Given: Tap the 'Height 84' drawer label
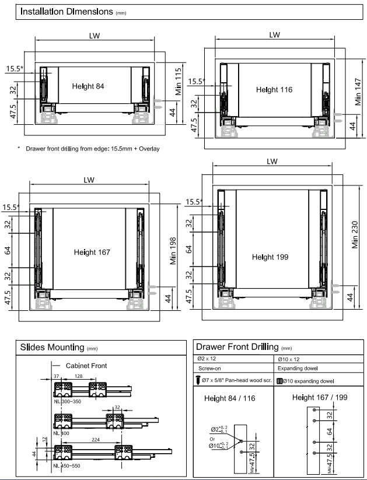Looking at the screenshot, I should pyautogui.click(x=88, y=86).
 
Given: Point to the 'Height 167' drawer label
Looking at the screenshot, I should pyautogui.click(x=92, y=252).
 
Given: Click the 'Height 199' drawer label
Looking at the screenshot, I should pyautogui.click(x=271, y=257).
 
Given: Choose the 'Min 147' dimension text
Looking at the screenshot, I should pyautogui.click(x=358, y=92).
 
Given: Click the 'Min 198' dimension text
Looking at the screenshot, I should pyautogui.click(x=172, y=251).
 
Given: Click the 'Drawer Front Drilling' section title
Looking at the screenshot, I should pyautogui.click(x=237, y=348).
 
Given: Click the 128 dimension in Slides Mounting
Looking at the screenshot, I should pyautogui.click(x=78, y=377).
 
